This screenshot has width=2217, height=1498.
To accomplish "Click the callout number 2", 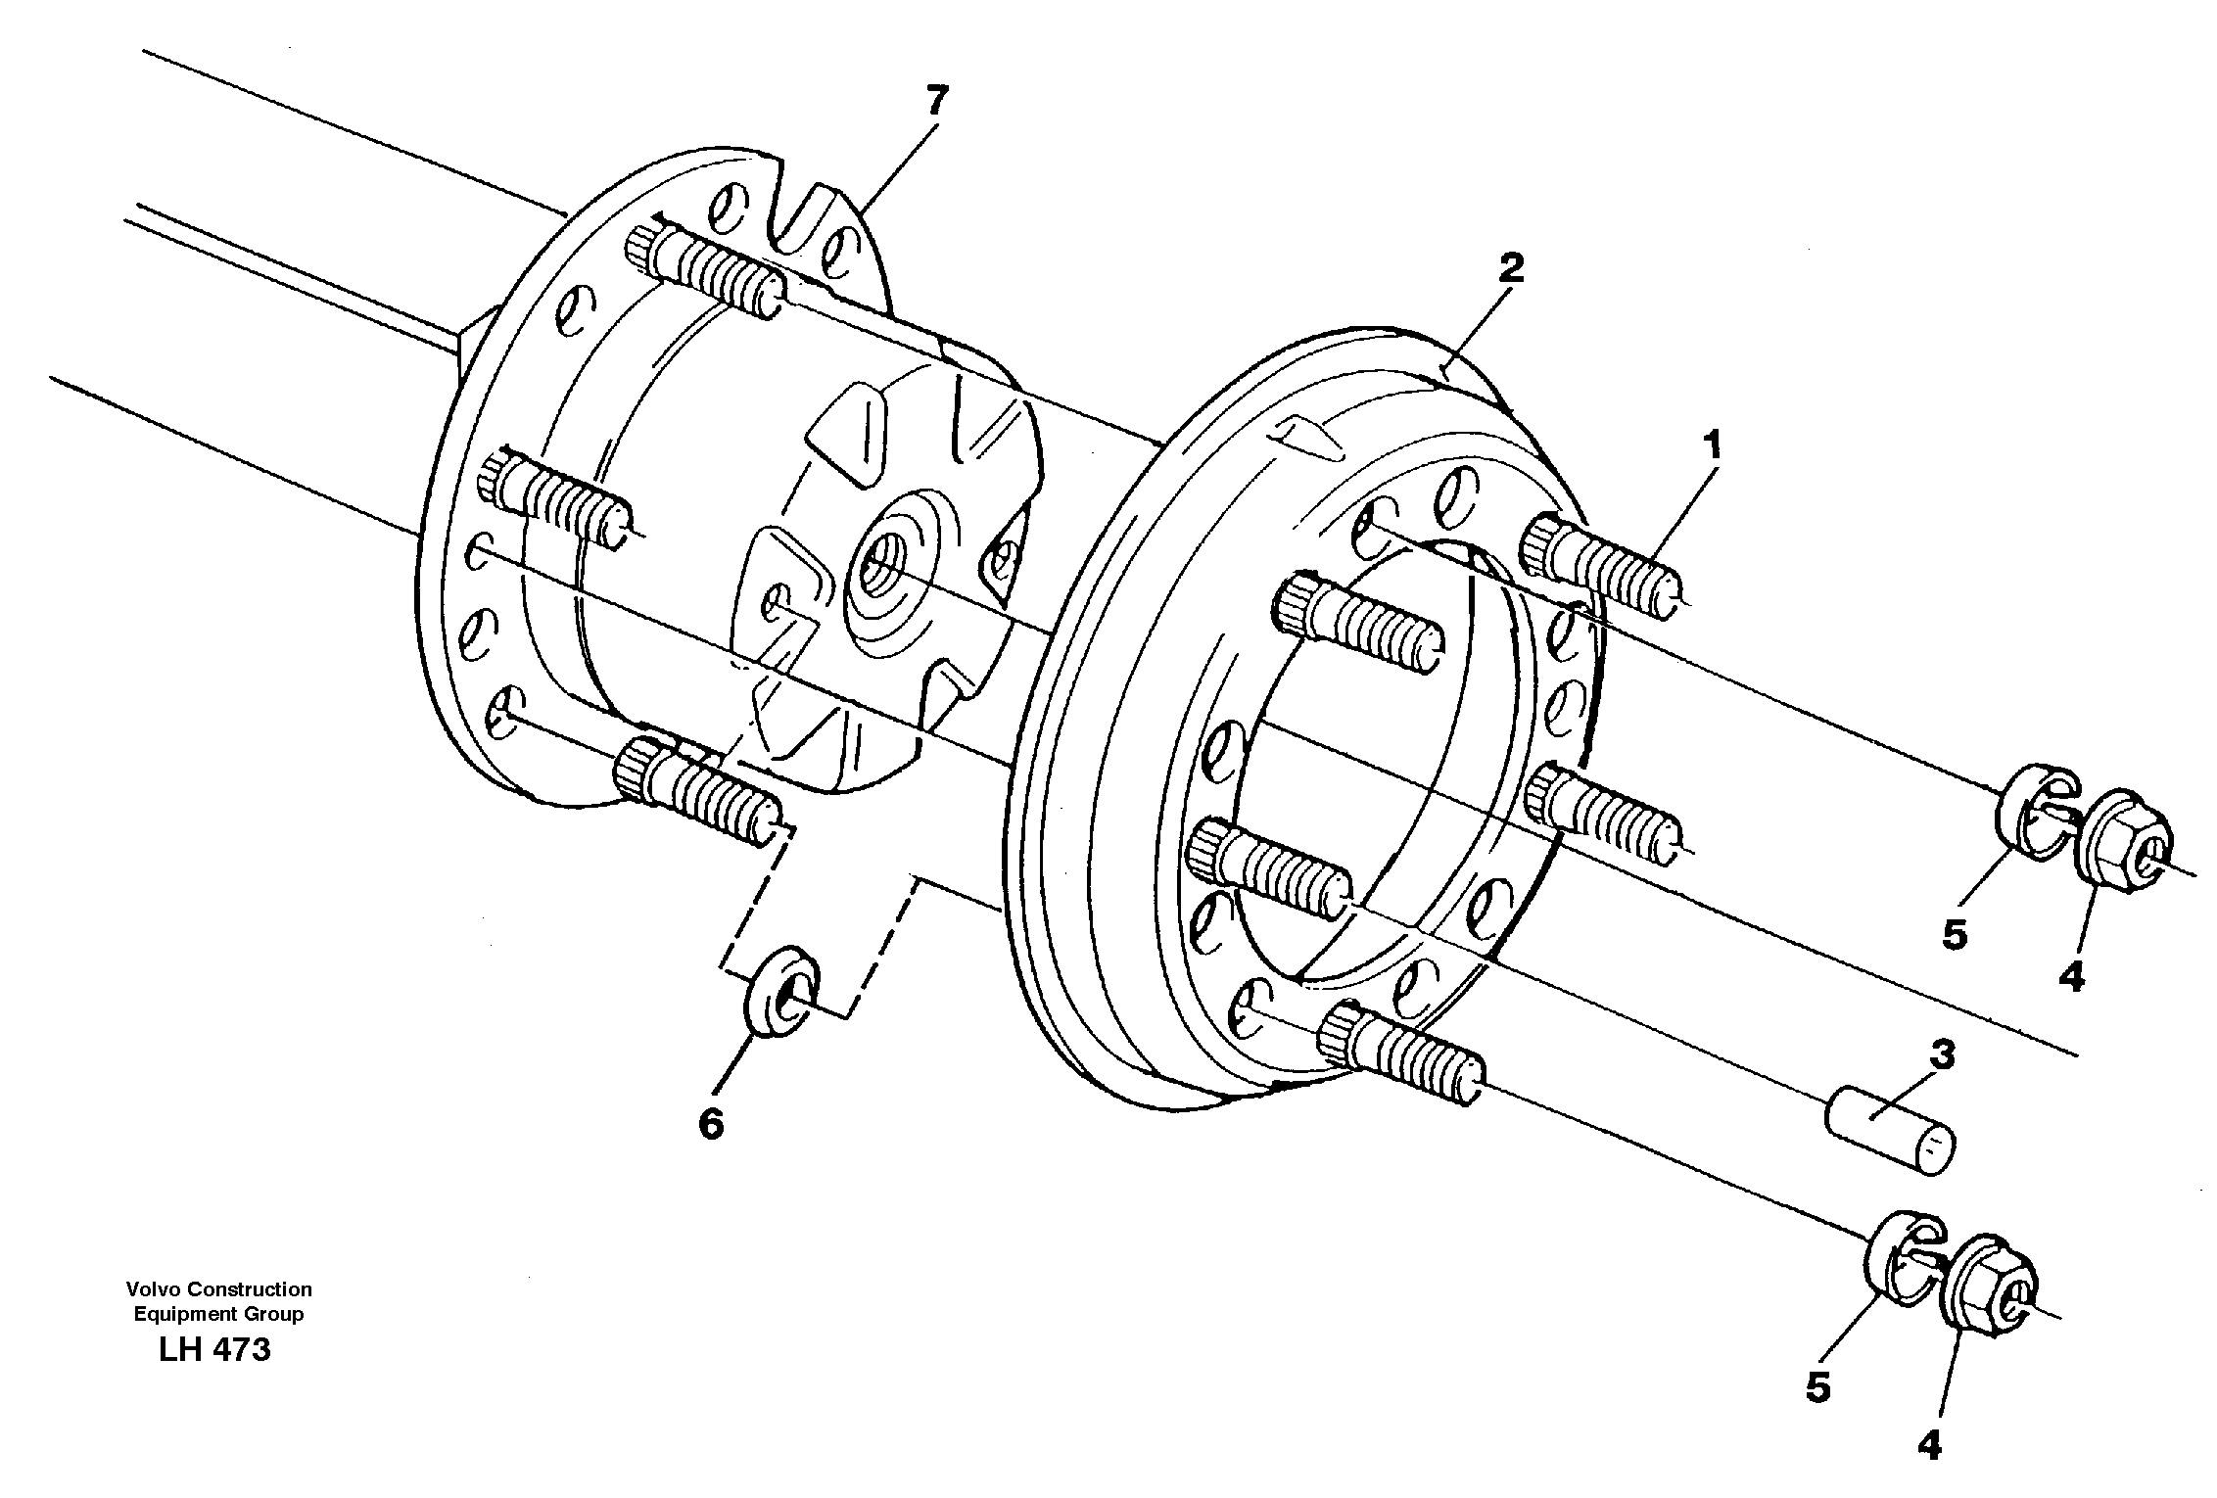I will [1511, 267].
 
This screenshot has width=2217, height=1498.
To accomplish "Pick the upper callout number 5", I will [1954, 935].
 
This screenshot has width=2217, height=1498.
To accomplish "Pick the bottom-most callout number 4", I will [1928, 1444].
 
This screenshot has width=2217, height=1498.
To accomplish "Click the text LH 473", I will [213, 1350].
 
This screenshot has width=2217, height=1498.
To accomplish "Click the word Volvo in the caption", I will [147, 1289].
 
